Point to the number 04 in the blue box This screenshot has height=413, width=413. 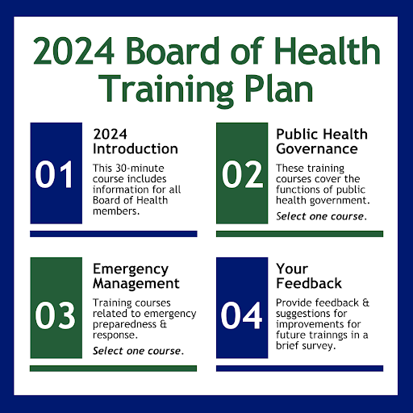click(243, 315)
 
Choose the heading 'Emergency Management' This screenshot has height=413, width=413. click(136, 276)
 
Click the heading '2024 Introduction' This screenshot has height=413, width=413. click(136, 141)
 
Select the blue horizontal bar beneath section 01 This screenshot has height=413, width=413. click(113, 234)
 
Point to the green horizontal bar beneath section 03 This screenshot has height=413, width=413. click(113, 369)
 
